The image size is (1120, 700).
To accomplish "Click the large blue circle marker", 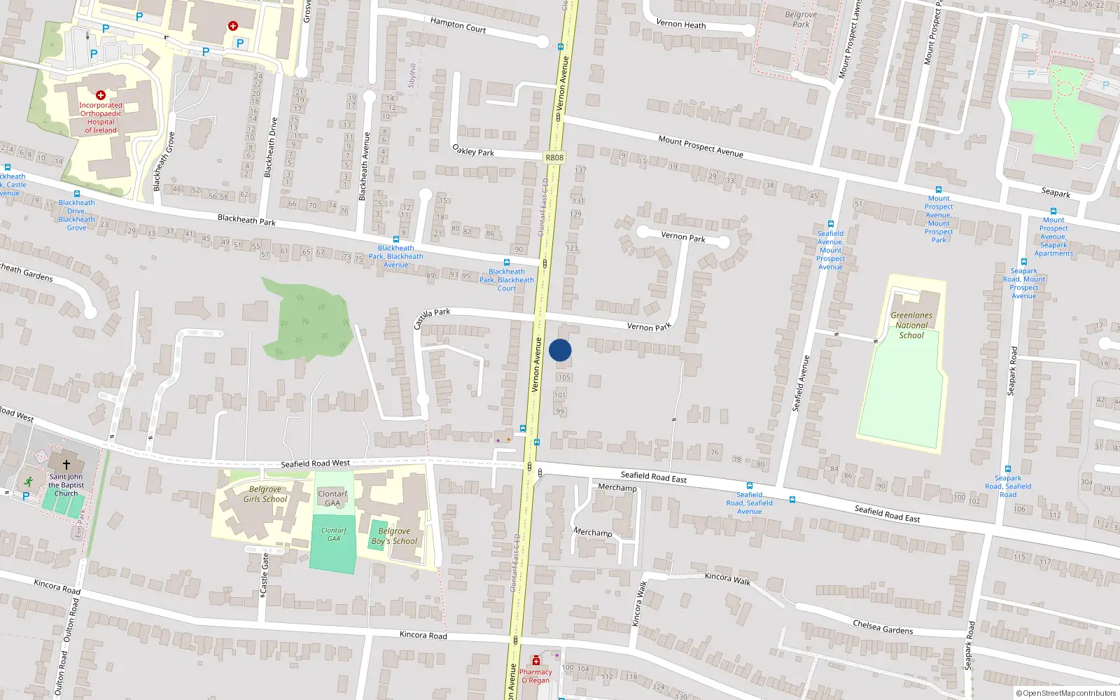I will tap(560, 350).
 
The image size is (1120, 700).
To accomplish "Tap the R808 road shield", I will tap(554, 157).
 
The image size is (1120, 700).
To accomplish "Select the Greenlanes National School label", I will tap(911, 325).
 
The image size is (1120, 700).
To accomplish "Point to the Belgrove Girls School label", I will tap(265, 494).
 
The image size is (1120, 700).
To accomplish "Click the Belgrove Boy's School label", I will tap(394, 536).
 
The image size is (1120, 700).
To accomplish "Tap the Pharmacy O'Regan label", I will tap(535, 675).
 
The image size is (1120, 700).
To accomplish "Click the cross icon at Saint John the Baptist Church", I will tap(66, 464).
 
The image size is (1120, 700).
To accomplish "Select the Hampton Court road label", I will tap(458, 25).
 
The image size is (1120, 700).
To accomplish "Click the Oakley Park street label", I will tap(473, 150).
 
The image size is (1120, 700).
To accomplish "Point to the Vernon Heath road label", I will tap(680, 24).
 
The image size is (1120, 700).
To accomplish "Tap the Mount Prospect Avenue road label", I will tap(701, 146).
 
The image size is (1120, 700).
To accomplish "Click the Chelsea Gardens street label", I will tap(883, 626).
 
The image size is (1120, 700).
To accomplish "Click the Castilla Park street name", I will tap(432, 318).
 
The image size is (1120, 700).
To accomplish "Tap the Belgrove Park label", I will tap(801, 19).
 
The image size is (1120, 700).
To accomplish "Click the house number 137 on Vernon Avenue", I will tap(580, 170).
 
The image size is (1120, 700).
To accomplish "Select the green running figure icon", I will tap(28, 482).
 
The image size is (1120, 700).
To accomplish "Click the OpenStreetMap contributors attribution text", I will tap(1065, 693).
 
